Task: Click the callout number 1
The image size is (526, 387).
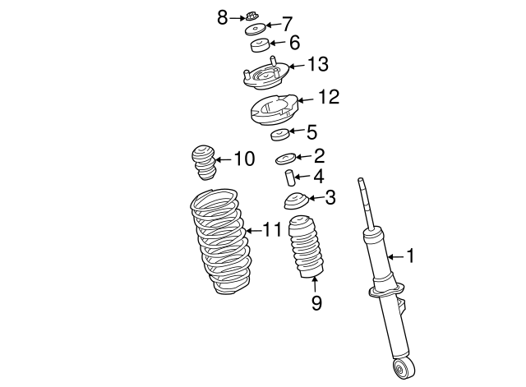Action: point(410,256)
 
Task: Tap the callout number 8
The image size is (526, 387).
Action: point(222,16)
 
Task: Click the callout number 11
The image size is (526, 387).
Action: point(271,229)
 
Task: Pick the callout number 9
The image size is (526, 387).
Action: point(316,303)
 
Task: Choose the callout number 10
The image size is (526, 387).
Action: point(244,158)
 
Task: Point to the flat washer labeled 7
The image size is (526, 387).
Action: point(257,30)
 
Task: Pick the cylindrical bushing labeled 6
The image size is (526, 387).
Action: point(260,44)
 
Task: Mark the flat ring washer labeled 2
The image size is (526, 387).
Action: point(286,157)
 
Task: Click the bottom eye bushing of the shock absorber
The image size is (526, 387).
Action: point(403,367)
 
